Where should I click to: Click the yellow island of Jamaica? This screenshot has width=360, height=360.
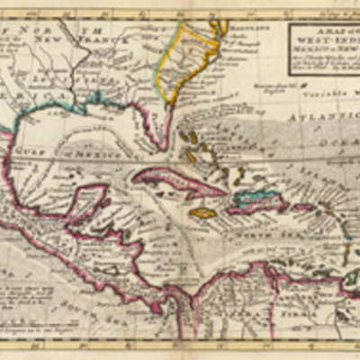pyautogui.click(x=202, y=213)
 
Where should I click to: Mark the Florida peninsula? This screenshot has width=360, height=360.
pyautogui.click(x=159, y=126)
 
